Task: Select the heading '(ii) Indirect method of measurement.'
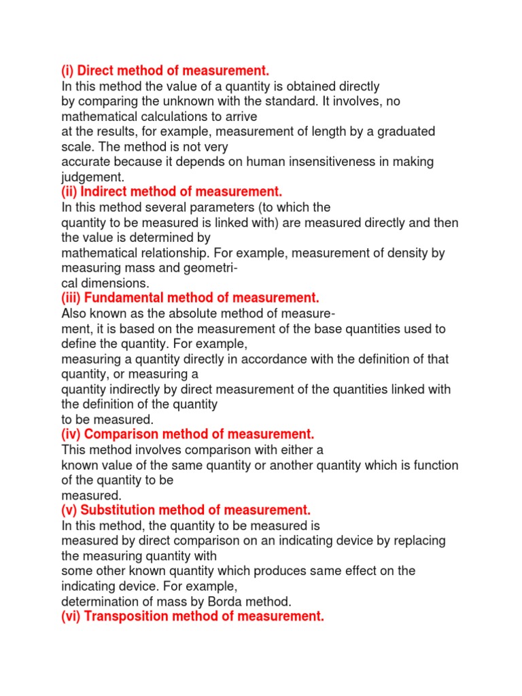click(x=171, y=192)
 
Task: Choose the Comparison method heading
click(x=188, y=434)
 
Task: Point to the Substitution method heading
click(x=186, y=510)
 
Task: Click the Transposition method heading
click(x=192, y=616)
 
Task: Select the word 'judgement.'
click(x=89, y=177)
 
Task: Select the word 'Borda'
click(x=224, y=601)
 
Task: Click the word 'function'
click(x=432, y=465)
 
